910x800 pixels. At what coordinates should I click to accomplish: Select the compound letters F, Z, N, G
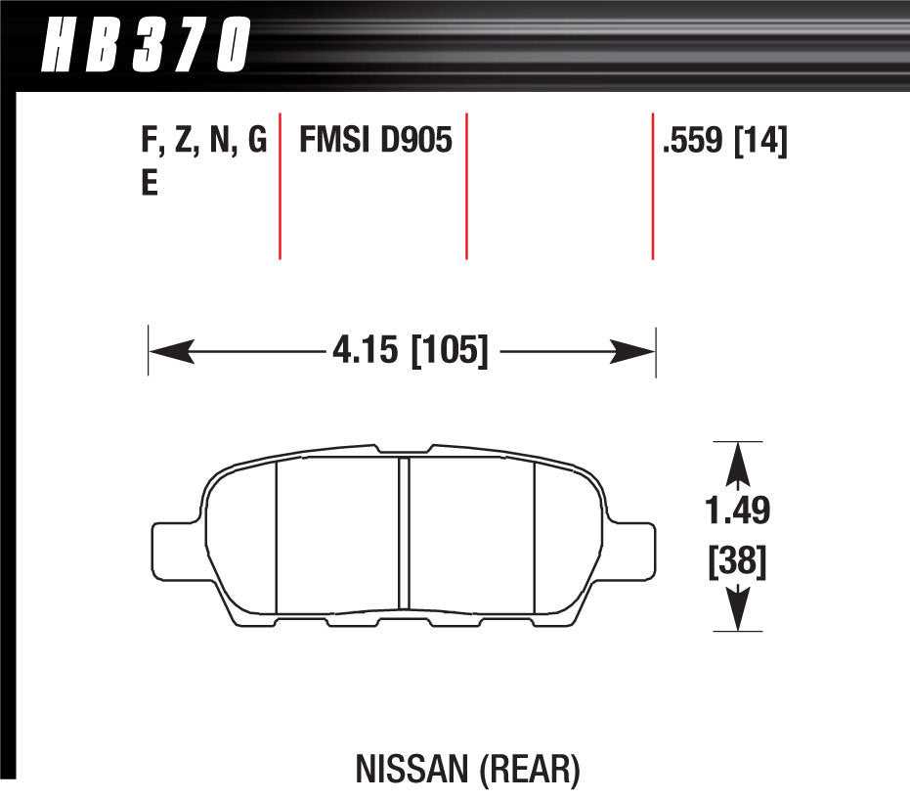click(204, 143)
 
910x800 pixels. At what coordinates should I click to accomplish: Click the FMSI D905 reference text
click(374, 143)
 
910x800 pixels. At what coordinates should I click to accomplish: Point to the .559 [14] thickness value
click(724, 143)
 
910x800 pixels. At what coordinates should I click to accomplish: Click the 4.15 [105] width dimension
click(409, 350)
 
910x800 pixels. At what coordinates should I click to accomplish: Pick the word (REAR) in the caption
click(528, 770)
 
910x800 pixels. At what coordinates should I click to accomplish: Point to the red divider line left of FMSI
click(281, 186)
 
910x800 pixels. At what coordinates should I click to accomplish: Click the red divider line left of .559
click(652, 186)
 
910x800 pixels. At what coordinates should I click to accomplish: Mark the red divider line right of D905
click(466, 186)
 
